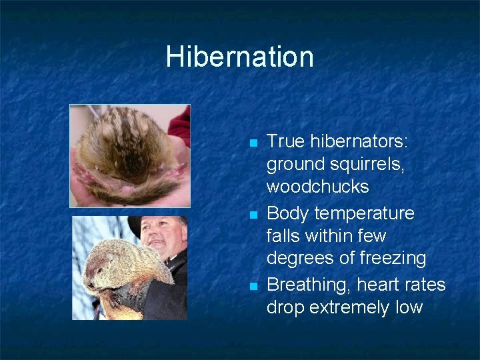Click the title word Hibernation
tap(239, 57)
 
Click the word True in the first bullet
tap(285, 141)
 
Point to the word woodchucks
tap(317, 187)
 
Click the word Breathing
tap(309, 285)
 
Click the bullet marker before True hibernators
tap(251, 143)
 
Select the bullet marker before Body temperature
tap(251, 215)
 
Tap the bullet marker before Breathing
tap(251, 286)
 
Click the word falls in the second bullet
tap(283, 236)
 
